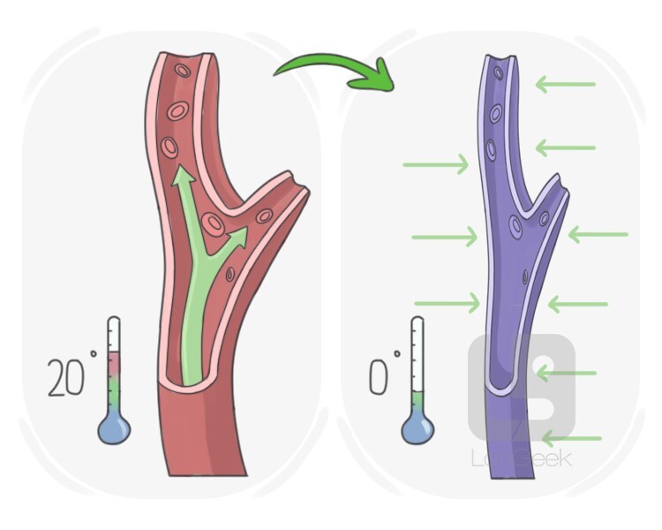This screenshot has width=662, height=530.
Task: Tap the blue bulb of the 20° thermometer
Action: click(x=114, y=428)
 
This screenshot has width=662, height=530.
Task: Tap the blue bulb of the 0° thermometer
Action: click(x=418, y=429)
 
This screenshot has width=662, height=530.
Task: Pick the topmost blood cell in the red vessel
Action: click(x=183, y=71)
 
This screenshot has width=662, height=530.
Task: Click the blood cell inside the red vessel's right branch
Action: click(x=264, y=216)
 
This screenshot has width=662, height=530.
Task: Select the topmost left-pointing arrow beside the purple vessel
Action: click(x=565, y=84)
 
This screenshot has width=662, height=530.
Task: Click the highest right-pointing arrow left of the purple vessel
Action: click(x=436, y=163)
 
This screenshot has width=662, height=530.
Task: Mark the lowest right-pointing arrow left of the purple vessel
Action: click(x=447, y=303)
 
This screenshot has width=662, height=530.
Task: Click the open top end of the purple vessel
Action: click(x=502, y=61)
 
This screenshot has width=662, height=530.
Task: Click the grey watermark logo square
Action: click(x=522, y=389)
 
